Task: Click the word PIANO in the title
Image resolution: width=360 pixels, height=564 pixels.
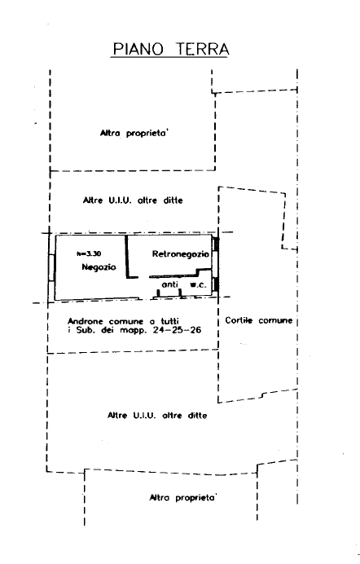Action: [138, 49]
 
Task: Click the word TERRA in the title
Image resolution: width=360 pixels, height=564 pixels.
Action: [202, 49]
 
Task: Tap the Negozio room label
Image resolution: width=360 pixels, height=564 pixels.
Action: [99, 267]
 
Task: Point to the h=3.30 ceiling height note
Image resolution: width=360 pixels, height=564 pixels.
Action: [89, 253]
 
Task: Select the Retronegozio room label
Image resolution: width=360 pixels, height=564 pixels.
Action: [180, 254]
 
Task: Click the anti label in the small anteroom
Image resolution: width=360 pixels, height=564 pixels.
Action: [170, 284]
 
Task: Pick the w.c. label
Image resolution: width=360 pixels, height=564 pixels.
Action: [198, 285]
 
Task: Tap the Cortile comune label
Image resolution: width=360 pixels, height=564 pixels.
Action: [259, 320]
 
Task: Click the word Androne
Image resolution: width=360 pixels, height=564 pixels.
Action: [86, 321]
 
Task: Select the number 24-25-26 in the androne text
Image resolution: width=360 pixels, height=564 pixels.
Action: [177, 330]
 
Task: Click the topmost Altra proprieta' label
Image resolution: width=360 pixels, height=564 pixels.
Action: [134, 133]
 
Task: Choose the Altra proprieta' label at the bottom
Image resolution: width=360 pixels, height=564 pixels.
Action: [183, 497]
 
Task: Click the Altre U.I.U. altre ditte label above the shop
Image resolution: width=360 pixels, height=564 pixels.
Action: [133, 200]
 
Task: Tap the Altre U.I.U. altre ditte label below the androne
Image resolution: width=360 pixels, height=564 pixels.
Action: [157, 416]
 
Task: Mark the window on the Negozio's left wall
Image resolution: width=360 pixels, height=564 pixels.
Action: [51, 268]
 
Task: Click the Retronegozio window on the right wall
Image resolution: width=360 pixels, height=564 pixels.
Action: [216, 245]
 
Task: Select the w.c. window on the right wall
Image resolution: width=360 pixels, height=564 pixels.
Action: [216, 284]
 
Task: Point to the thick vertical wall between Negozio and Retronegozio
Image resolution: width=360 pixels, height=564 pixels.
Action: [127, 256]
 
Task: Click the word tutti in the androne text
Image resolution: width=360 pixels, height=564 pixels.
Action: [170, 321]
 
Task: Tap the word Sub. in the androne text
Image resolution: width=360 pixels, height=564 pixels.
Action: [86, 330]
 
